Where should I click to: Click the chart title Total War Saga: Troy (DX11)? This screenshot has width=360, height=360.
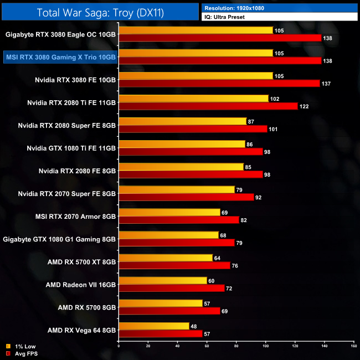(x=100, y=12)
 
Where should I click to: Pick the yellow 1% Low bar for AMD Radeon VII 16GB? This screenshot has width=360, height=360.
(x=163, y=280)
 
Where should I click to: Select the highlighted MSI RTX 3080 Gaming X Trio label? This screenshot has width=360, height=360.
(x=60, y=56)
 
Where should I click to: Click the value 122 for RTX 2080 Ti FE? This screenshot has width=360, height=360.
(x=305, y=106)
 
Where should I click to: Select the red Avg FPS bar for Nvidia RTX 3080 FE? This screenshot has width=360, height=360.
(x=219, y=83)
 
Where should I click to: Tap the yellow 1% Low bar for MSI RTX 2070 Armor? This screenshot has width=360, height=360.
(x=169, y=212)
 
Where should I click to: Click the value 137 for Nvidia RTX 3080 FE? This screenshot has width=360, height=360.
(x=326, y=83)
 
